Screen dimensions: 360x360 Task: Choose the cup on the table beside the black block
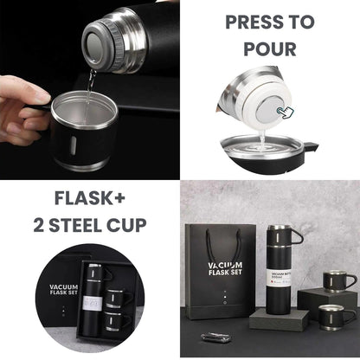click(x=332, y=316)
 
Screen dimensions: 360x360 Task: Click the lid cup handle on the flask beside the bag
click(x=295, y=235)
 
